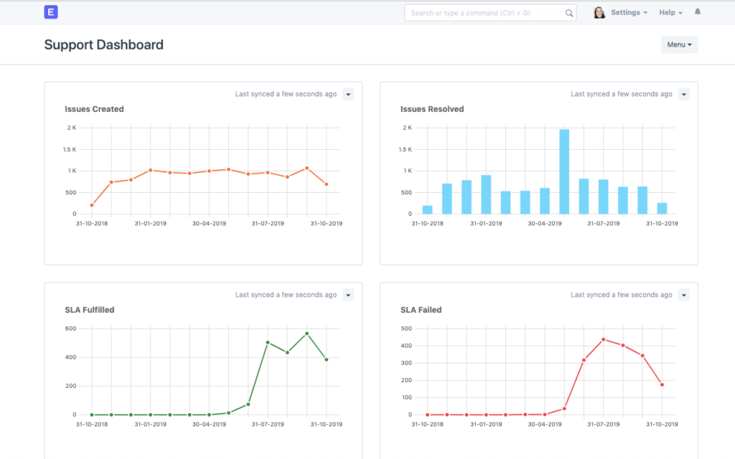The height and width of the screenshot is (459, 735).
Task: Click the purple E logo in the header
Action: (51, 12)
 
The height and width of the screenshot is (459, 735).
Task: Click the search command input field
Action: (484, 13)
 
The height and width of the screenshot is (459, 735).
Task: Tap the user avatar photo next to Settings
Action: (599, 13)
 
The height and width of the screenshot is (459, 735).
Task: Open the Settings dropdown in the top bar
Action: (629, 13)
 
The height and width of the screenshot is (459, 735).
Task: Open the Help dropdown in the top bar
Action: (670, 13)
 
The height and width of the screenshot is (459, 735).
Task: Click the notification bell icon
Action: (698, 12)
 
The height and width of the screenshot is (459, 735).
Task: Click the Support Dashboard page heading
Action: (104, 44)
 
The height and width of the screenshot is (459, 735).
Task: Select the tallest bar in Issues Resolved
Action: (564, 171)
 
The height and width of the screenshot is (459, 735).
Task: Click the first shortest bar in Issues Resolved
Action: (428, 209)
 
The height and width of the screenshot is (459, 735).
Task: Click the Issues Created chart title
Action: (94, 109)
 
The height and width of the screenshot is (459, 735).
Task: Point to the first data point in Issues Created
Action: (92, 205)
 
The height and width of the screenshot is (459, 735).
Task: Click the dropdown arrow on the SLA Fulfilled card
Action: (348, 295)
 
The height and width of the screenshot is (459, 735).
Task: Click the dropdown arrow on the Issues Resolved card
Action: (683, 94)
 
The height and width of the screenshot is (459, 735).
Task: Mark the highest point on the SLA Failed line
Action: (604, 339)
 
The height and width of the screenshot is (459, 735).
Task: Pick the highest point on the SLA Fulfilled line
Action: (306, 333)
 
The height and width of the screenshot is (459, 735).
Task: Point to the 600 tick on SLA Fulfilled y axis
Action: (70, 328)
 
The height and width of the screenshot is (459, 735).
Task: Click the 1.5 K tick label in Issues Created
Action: (69, 149)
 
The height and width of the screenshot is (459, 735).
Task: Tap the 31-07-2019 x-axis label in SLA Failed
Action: (604, 424)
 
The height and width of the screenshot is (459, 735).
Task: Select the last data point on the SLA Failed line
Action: (662, 384)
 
